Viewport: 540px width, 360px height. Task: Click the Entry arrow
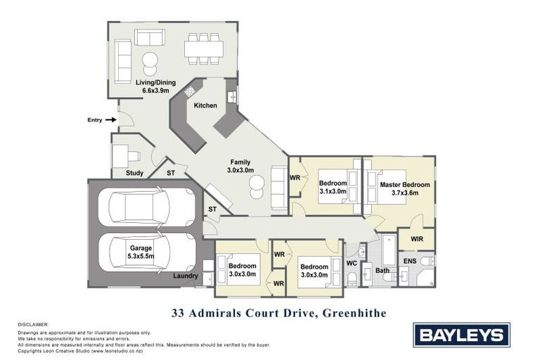(x=110, y=120)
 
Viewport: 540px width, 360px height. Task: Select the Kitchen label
(x=206, y=105)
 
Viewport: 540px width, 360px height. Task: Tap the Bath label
(x=382, y=270)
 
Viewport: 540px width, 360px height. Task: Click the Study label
(x=134, y=173)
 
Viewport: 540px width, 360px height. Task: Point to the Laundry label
(x=186, y=276)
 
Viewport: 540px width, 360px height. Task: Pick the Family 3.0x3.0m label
(x=240, y=166)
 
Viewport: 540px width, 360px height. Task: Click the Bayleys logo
(x=460, y=333)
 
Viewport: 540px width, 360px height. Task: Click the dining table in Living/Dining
(x=204, y=48)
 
